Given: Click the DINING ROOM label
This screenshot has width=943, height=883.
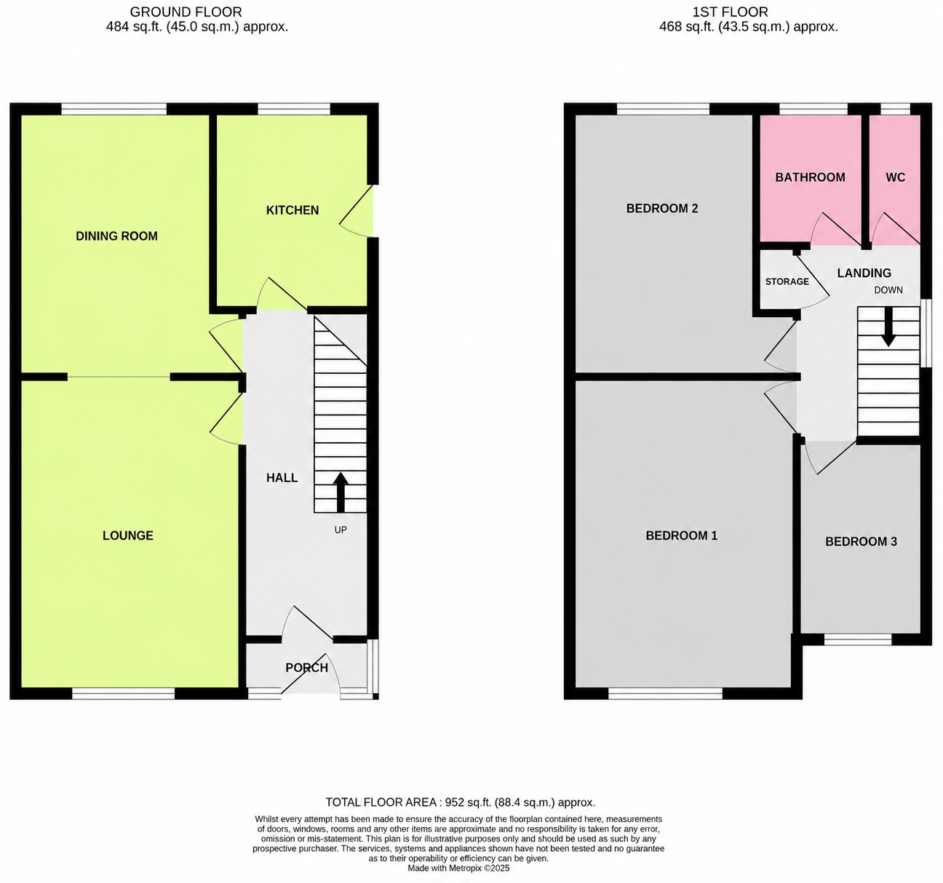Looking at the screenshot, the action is click(x=117, y=236).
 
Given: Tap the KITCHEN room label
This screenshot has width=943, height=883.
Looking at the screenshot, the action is click(x=293, y=210).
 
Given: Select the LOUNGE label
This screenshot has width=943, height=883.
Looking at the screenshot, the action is click(x=128, y=535).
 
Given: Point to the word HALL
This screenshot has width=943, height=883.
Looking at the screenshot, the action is click(x=282, y=478).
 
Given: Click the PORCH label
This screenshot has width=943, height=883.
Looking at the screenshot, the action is click(x=307, y=668).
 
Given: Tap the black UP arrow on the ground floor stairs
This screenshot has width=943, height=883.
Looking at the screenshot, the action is click(x=341, y=492).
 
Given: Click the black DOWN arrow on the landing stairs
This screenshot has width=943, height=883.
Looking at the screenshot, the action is click(x=888, y=327).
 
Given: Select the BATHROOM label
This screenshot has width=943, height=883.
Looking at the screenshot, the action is click(x=810, y=177).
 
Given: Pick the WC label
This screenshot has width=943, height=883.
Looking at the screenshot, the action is click(x=896, y=177).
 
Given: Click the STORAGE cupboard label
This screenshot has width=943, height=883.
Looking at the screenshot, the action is click(x=787, y=281).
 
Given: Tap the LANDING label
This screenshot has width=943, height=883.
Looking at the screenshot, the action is click(x=864, y=273).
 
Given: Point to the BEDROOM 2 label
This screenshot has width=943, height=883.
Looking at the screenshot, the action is click(x=662, y=209).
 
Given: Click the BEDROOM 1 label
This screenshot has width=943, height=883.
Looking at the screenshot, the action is click(x=681, y=535).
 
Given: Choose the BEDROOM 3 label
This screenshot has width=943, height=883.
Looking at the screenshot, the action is click(x=861, y=542).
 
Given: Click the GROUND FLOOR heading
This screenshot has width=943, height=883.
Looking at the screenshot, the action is click(x=186, y=12).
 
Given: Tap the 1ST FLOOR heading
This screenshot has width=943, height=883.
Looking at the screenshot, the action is click(x=730, y=12).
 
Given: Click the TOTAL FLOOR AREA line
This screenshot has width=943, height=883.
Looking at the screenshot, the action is click(x=460, y=802).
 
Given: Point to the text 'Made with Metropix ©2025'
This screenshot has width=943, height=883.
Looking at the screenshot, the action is click(x=458, y=868).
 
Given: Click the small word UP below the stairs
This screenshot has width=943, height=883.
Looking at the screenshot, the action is click(x=341, y=530).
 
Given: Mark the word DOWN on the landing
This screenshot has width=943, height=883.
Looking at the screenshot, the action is click(x=888, y=290).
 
